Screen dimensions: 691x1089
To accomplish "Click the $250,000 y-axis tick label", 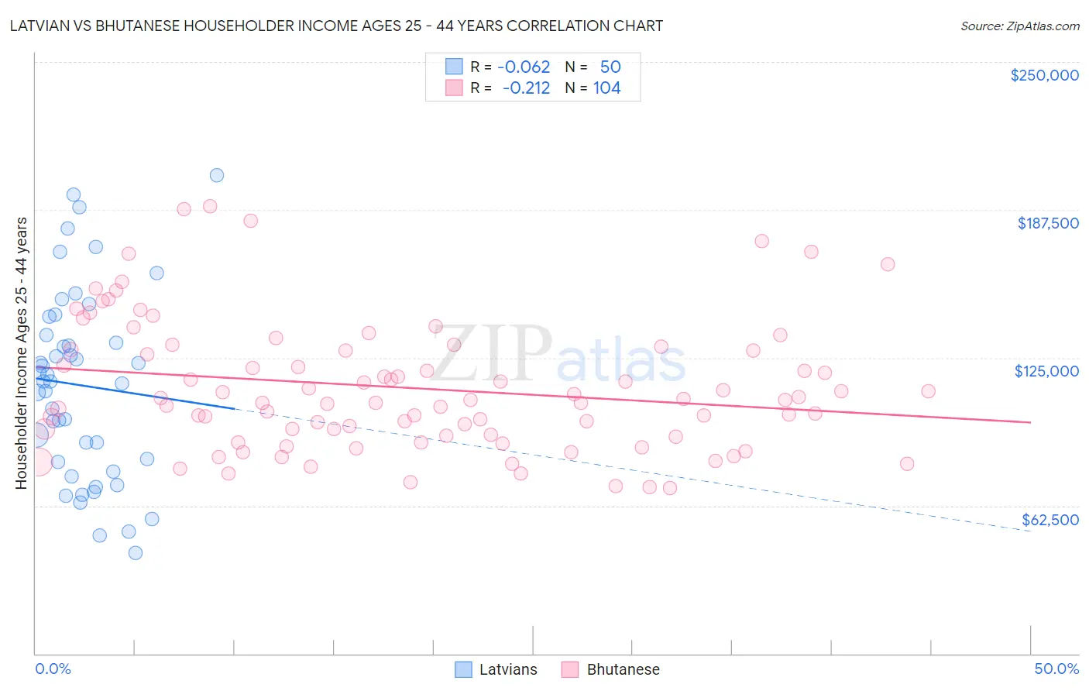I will (x=1044, y=75).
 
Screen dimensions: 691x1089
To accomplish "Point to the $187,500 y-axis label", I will (x=1048, y=223).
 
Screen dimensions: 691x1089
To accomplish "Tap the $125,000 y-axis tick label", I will (x=1046, y=371).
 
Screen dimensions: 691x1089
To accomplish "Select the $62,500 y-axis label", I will (x=1050, y=520).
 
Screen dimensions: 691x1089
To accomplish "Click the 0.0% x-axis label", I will (x=53, y=669).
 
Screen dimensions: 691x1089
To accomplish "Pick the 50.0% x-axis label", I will (x=1056, y=669).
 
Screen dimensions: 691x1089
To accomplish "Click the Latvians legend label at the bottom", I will (x=508, y=669).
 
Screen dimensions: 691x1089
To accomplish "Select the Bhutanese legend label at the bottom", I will (x=623, y=669).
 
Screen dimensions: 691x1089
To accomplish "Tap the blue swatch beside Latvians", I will (x=463, y=669).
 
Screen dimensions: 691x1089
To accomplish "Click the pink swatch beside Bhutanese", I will (x=570, y=669).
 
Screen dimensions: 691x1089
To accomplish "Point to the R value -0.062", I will (x=524, y=67).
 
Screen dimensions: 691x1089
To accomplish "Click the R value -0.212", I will (x=526, y=88).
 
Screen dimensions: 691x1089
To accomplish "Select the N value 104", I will (x=606, y=88).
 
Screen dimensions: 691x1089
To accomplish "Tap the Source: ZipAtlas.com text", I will (x=1019, y=26).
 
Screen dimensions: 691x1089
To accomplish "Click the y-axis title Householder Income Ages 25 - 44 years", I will (x=21, y=352).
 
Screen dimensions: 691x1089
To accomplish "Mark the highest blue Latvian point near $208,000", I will (x=217, y=175).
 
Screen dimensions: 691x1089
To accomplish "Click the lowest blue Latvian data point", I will (x=136, y=552).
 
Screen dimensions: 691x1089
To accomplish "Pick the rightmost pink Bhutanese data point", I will (x=928, y=391).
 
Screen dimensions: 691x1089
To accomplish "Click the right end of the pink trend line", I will (x=1030, y=422).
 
